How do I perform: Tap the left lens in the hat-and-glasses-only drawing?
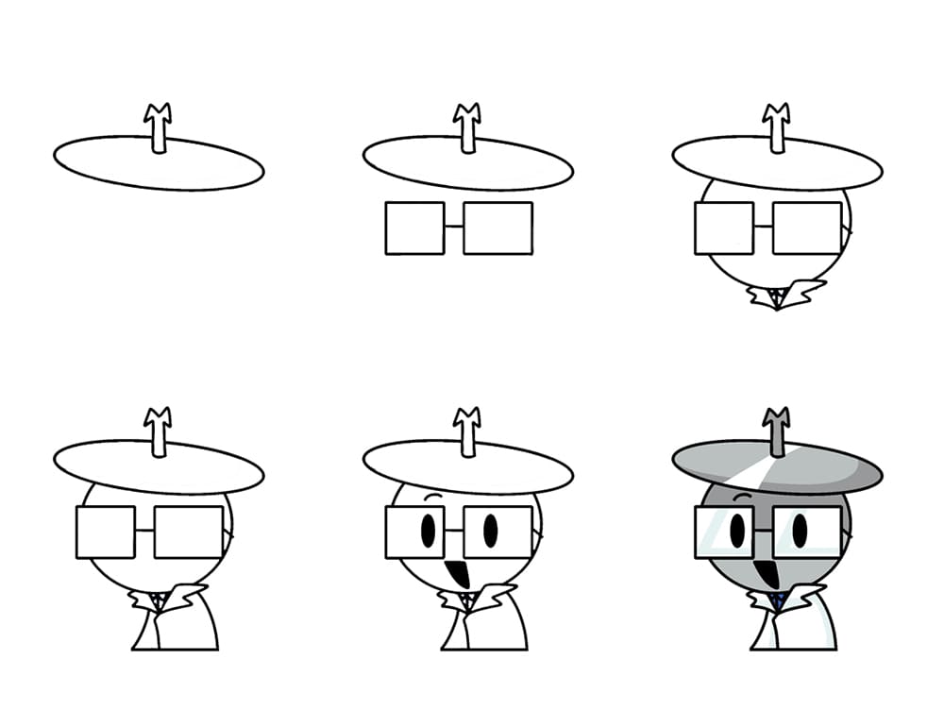coord(414,228)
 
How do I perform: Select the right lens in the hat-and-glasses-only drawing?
coord(497,228)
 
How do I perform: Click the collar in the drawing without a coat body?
coord(785,294)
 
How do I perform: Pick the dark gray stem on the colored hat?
coord(777,432)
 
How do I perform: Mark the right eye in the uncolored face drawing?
coord(491,531)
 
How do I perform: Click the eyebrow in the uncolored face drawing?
coord(435,497)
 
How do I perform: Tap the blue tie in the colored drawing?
coord(777,600)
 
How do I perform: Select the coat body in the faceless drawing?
coord(179,628)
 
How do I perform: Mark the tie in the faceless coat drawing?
coord(159,600)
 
